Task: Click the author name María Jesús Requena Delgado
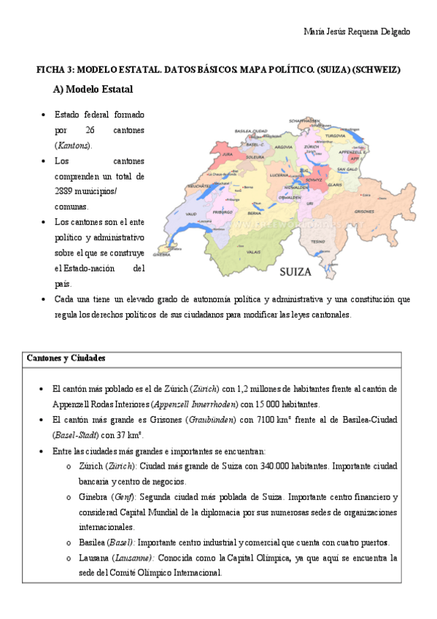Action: [x=356, y=32]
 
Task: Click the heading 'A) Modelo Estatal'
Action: [x=92, y=89]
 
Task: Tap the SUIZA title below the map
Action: [x=295, y=272]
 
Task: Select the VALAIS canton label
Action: [x=254, y=251]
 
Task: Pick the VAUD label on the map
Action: [x=192, y=214]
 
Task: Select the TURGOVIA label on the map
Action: [x=335, y=136]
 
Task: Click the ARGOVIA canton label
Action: [x=283, y=147]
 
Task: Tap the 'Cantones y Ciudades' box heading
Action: [x=66, y=358]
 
